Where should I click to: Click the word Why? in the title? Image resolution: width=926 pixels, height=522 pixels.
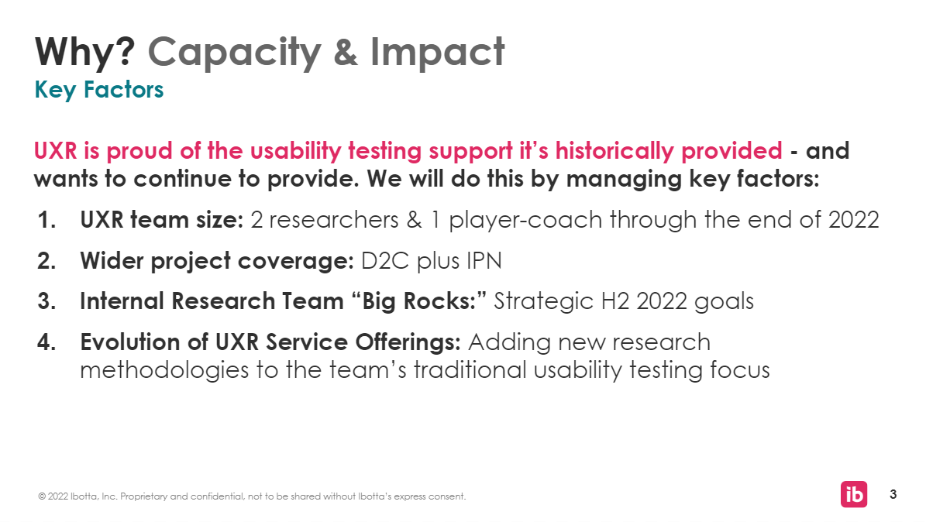(x=85, y=51)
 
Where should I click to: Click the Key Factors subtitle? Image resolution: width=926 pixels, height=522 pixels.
(x=98, y=90)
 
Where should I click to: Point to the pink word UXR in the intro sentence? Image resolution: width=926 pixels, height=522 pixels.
(x=56, y=150)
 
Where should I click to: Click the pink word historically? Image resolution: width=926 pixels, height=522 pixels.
(x=614, y=150)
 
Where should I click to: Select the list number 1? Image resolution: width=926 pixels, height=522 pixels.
(x=46, y=220)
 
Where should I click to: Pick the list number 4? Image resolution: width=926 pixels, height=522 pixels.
(x=46, y=342)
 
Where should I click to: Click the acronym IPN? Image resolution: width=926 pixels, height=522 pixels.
(x=484, y=260)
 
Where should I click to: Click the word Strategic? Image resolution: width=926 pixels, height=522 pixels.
(x=543, y=302)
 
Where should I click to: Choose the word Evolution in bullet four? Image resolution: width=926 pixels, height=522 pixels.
(x=139, y=342)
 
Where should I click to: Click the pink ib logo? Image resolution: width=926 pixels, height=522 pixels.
(x=854, y=494)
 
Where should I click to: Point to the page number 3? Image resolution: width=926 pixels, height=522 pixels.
(x=893, y=494)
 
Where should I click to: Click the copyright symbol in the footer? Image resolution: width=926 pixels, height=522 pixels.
(x=42, y=496)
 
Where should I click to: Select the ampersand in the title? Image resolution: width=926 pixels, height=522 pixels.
(x=346, y=52)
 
